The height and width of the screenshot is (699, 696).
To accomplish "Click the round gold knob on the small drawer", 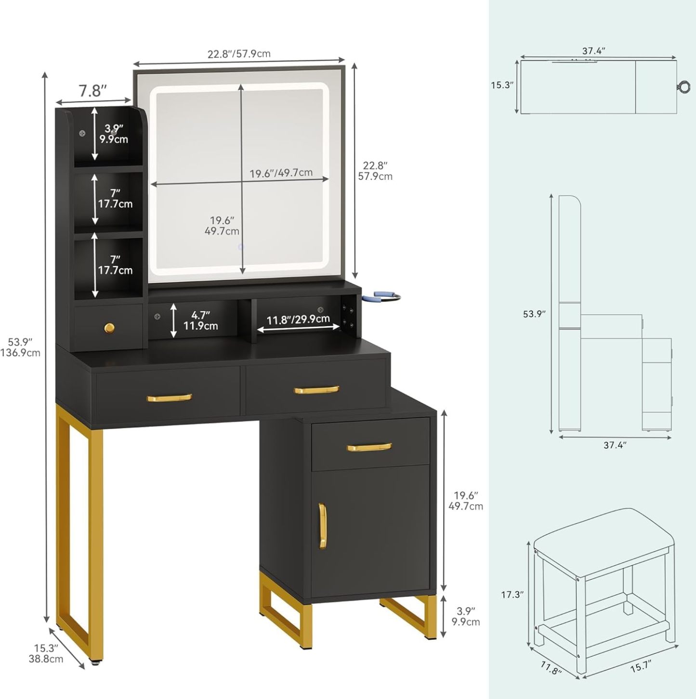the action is pyautogui.click(x=110, y=328).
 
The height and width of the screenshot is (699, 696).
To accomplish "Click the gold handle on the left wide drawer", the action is pyautogui.click(x=169, y=397).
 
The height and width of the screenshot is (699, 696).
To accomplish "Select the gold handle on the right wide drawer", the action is pyautogui.click(x=316, y=390).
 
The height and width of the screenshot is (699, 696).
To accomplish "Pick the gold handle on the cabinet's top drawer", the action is pyautogui.click(x=369, y=447).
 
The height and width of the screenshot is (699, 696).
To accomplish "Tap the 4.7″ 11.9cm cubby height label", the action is pyautogui.click(x=200, y=320).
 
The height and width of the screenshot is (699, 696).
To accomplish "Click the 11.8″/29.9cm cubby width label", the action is pyautogui.click(x=298, y=319).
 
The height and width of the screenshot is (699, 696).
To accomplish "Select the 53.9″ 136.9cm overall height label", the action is pyautogui.click(x=20, y=347).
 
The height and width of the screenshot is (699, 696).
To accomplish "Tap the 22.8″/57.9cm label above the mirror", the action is pyautogui.click(x=238, y=54).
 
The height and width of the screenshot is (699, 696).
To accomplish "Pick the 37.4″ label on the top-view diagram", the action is pyautogui.click(x=594, y=51).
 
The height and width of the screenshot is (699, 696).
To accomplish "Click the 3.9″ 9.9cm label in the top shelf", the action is pyautogui.click(x=114, y=133).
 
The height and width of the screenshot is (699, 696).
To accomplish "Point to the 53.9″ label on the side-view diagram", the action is pyautogui.click(x=534, y=314).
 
